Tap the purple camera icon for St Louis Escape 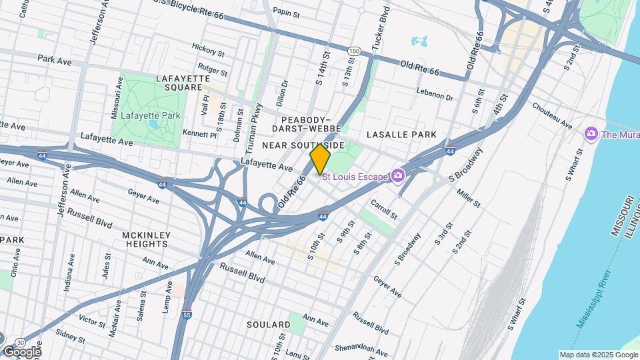[398, 176]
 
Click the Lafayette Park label [146, 115]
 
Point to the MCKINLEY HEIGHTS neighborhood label [147, 240]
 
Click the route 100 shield [355, 51]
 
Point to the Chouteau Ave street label [552, 115]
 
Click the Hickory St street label [208, 49]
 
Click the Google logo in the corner [21, 351]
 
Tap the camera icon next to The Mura [591, 134]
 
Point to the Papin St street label [286, 12]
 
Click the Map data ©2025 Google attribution [598, 355]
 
